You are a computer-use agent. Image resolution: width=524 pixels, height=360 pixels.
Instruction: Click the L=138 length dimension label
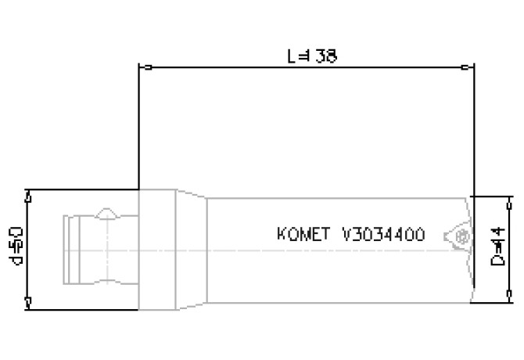click(x=312, y=57)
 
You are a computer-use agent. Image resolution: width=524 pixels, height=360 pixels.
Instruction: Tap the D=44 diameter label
click(x=495, y=247)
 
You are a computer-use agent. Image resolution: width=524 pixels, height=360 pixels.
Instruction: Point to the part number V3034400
click(x=384, y=234)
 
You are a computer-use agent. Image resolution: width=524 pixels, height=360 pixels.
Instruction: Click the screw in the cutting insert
click(x=461, y=234)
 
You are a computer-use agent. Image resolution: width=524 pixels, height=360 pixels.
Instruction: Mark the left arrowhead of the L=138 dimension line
click(x=142, y=67)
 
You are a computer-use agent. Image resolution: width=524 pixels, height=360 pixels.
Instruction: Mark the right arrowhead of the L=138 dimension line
click(x=469, y=67)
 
